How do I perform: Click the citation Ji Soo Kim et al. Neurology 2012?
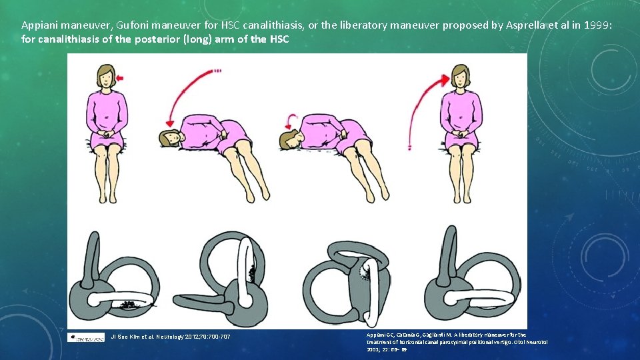click(170, 337)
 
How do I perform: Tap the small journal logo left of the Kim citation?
click(86, 337)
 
